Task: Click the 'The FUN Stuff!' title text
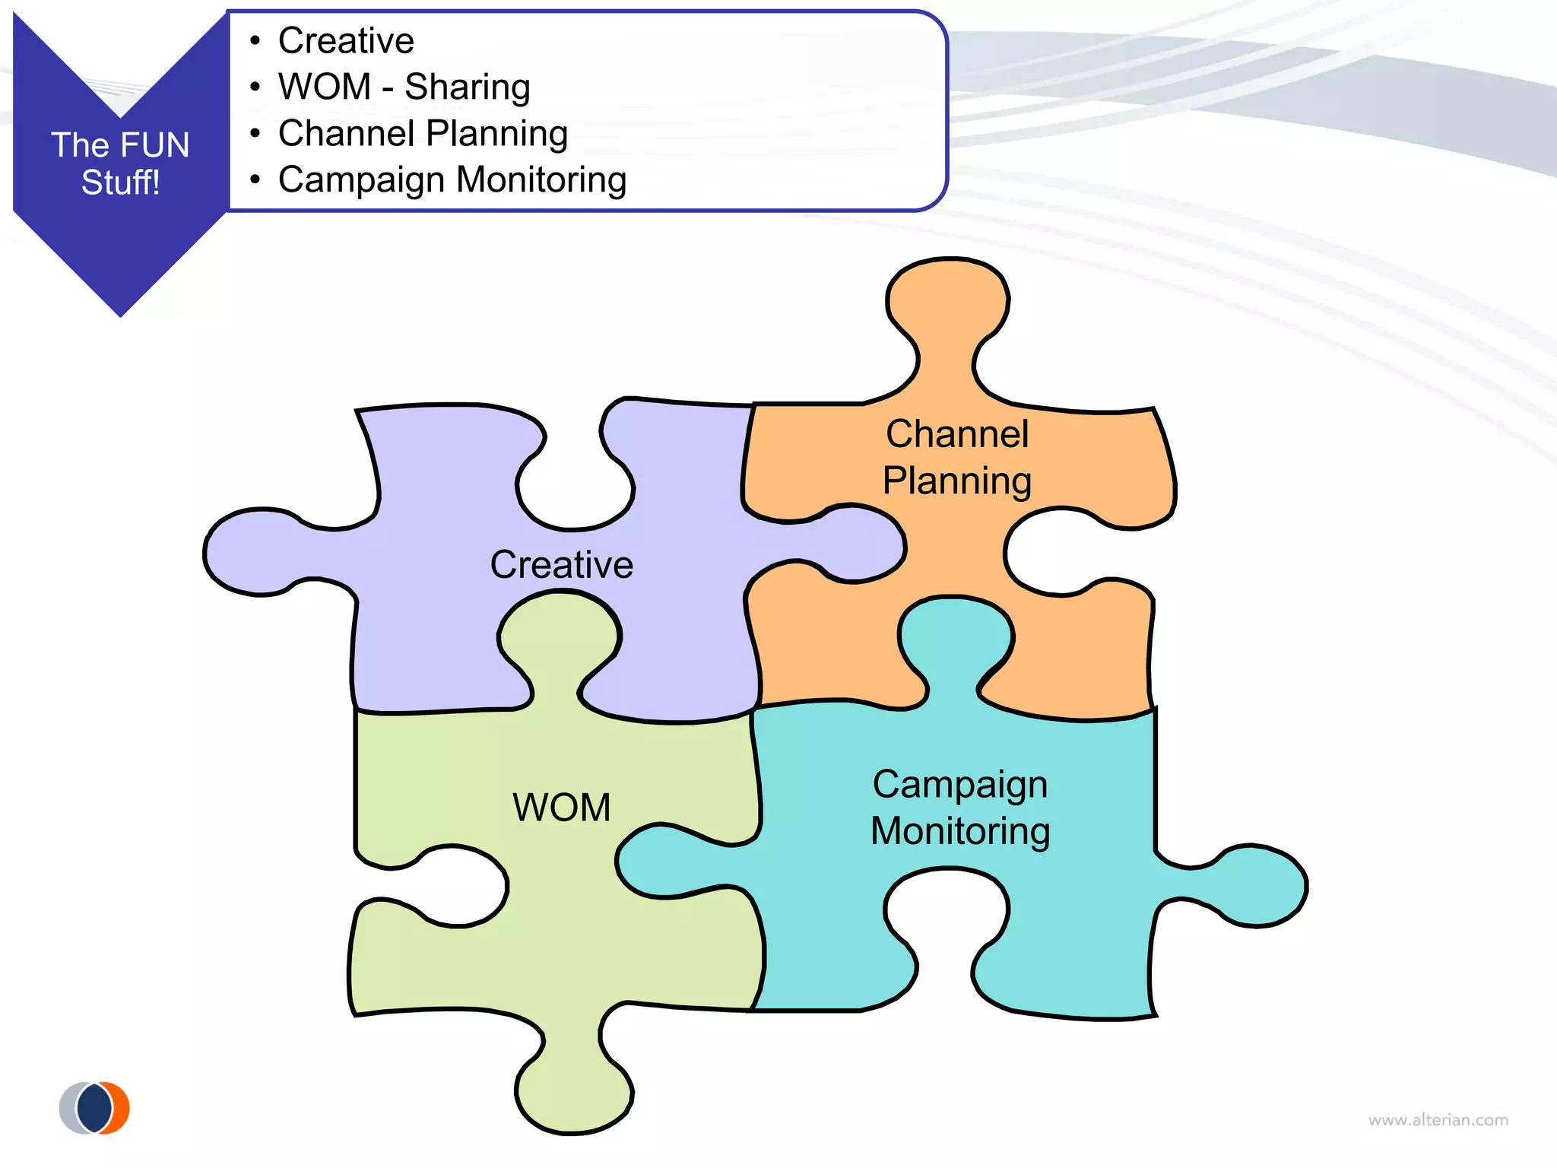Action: click(x=120, y=163)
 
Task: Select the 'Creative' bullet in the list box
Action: click(x=346, y=40)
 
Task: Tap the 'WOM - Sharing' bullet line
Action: click(x=404, y=87)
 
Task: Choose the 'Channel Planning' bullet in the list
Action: click(x=423, y=133)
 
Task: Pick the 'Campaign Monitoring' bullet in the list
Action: click(x=452, y=180)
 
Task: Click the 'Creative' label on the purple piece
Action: click(x=561, y=564)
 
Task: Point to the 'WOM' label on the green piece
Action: click(x=561, y=807)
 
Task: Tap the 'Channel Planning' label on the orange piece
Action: click(x=957, y=457)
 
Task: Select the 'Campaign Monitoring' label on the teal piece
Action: click(x=960, y=807)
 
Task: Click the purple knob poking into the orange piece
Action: click(x=859, y=544)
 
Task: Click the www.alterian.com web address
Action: click(x=1438, y=1120)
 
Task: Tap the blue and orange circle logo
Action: click(x=95, y=1108)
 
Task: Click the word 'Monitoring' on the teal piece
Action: click(x=960, y=830)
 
